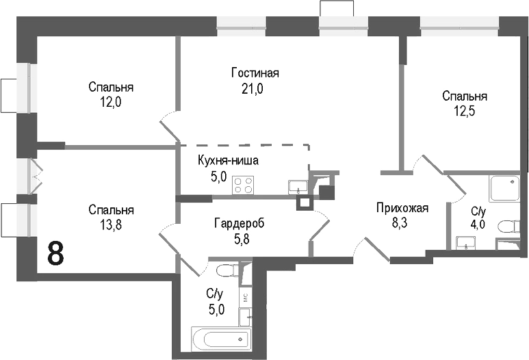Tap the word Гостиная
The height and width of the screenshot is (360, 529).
(255, 73)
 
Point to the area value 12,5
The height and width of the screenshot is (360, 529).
(464, 111)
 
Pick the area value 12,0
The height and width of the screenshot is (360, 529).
(110, 102)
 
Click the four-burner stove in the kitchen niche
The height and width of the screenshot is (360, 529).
(243, 185)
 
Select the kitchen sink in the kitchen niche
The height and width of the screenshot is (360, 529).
(298, 185)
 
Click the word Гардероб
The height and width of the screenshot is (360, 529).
(238, 224)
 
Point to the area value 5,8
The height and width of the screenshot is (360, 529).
(238, 238)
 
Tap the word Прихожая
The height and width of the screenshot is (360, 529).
(402, 209)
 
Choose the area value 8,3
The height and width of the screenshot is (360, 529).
(402, 223)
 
